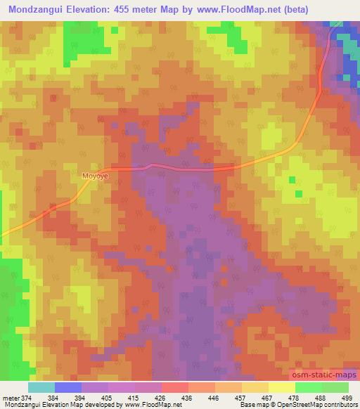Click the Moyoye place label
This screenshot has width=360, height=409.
coord(93,176)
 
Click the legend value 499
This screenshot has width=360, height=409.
coord(348,398)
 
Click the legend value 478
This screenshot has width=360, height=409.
coord(295,398)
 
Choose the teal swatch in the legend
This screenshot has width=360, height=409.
coord(41,387)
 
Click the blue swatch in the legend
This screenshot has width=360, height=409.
coord(67,387)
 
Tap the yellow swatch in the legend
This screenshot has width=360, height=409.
coord(282,387)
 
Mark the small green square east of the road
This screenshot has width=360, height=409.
coord(299,193)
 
